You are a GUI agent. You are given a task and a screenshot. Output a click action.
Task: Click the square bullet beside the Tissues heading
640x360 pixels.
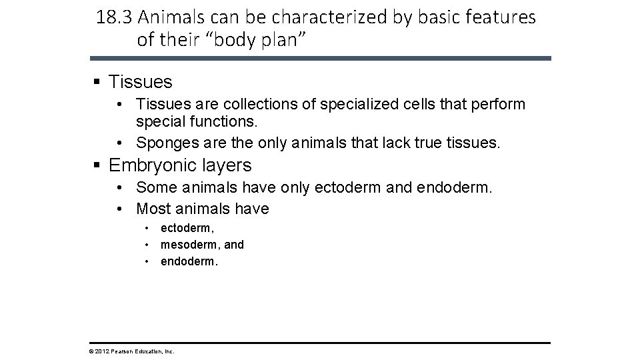97,82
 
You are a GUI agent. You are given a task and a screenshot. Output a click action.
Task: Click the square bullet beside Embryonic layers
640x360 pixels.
97,165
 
